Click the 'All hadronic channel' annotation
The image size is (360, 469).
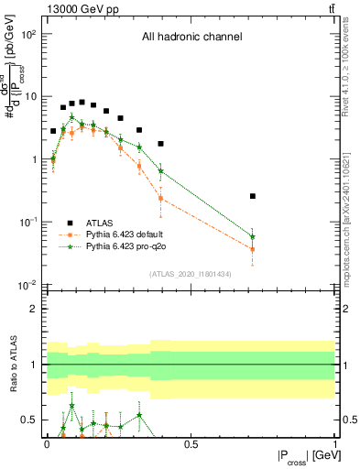[x=191, y=38]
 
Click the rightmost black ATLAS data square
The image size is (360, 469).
[x=253, y=196]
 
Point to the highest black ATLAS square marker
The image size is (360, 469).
[x=82, y=103]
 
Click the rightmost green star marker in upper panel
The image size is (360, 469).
[x=253, y=237]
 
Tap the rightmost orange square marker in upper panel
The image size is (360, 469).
[x=253, y=249]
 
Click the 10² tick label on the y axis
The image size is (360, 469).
[x=27, y=34]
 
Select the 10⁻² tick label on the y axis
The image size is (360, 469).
[x=27, y=285]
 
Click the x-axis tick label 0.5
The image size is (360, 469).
[x=191, y=443]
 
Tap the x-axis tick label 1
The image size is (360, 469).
[x=336, y=443]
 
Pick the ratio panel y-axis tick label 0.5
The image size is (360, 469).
[x=29, y=420]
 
